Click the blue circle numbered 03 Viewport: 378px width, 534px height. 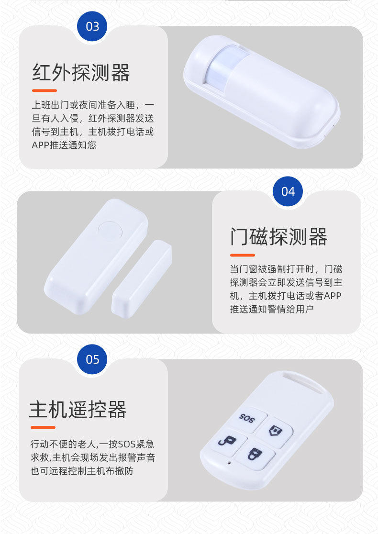point(92,26)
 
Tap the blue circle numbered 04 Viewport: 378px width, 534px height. point(288,191)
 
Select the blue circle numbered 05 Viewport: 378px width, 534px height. point(92,359)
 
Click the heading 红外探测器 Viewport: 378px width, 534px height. point(81,73)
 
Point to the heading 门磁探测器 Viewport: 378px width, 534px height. point(279,237)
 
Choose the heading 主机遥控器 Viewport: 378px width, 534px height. point(78,410)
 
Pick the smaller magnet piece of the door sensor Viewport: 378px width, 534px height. point(142,275)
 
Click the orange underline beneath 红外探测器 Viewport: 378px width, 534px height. point(44,90)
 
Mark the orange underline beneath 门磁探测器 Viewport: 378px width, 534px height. point(243,255)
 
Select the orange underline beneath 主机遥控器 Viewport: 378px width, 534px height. point(43,427)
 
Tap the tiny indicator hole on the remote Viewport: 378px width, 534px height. point(229,463)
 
